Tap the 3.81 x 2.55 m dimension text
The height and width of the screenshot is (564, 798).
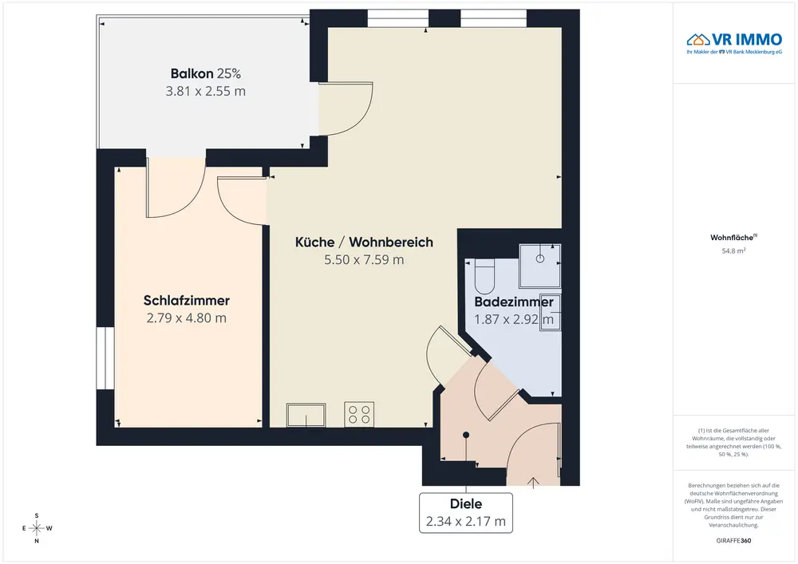(x=206, y=91)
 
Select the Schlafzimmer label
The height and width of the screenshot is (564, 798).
(x=186, y=301)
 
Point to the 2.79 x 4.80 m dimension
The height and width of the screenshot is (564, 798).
(x=186, y=317)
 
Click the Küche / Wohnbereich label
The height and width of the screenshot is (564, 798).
(x=364, y=242)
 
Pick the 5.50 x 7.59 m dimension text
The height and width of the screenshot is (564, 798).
(x=364, y=260)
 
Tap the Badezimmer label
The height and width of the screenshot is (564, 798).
(x=513, y=302)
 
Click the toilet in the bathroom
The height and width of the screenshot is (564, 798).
(x=484, y=276)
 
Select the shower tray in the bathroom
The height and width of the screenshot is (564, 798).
(x=539, y=266)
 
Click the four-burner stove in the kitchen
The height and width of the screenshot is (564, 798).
(x=359, y=414)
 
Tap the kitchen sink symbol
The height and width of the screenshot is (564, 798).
(x=306, y=415)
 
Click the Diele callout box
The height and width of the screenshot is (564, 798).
(x=466, y=513)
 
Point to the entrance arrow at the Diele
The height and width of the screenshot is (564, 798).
(x=533, y=483)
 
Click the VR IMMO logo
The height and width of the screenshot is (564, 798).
(x=734, y=43)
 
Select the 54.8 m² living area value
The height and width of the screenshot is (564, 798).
(x=733, y=250)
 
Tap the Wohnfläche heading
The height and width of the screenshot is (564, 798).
(x=733, y=238)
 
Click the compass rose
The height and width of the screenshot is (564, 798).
(x=37, y=528)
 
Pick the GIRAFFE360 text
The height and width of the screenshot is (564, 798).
(x=733, y=541)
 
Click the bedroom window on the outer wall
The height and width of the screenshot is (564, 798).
(x=105, y=358)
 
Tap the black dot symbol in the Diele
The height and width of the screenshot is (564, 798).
(x=466, y=435)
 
